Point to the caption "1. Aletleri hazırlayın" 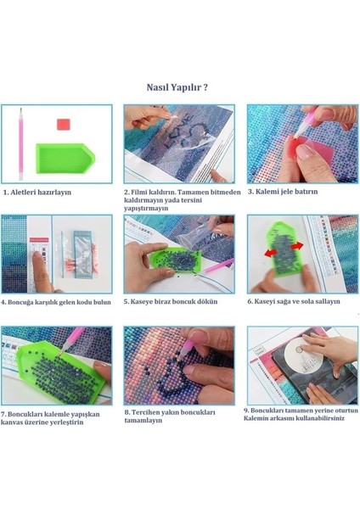pos(37,193)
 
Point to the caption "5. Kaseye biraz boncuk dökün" pos(171,301)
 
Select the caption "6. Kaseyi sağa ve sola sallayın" pos(294,301)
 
